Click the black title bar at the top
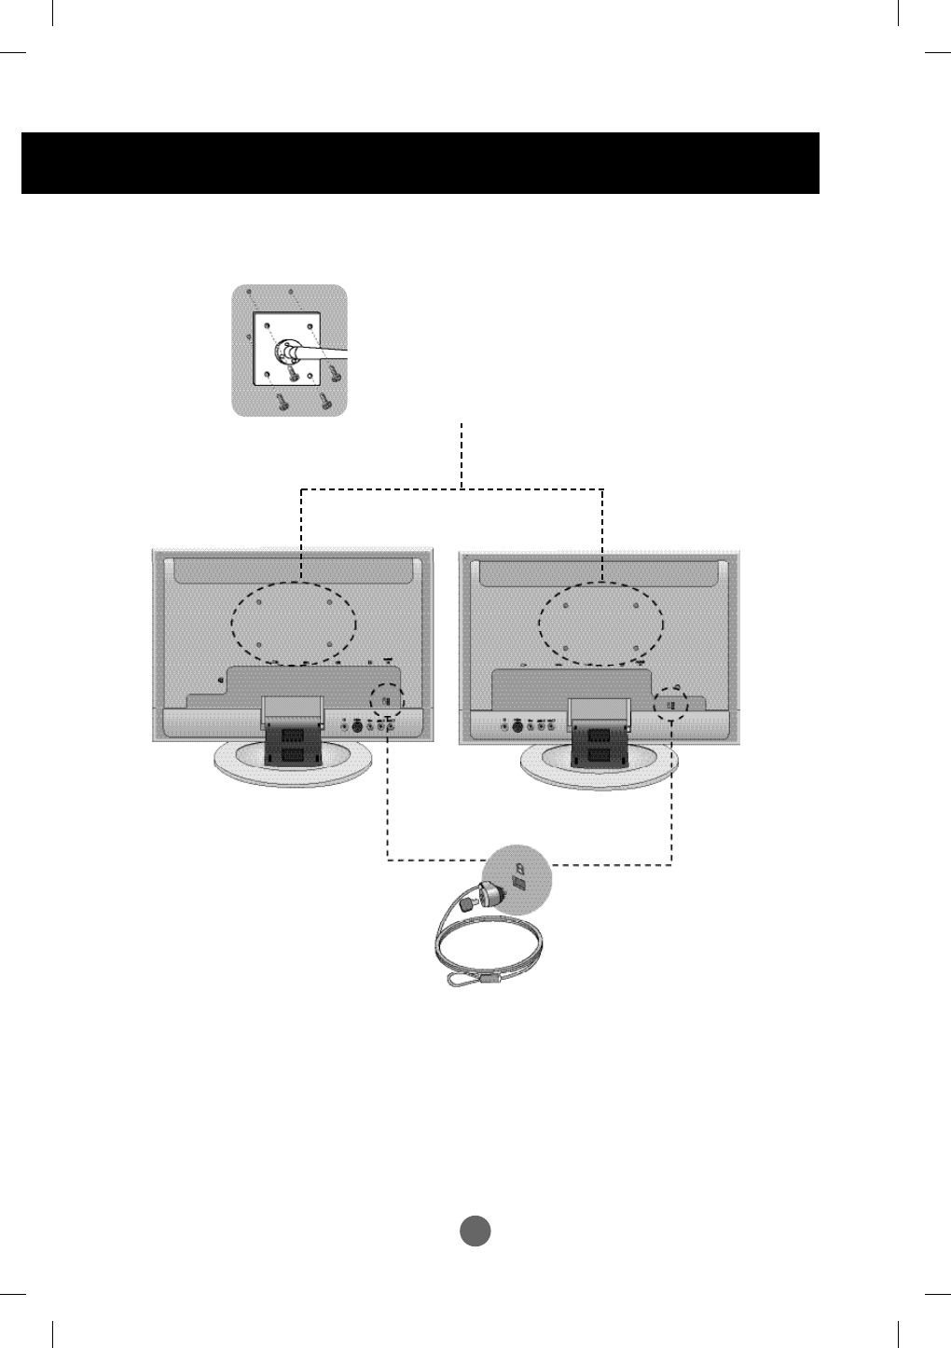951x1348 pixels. point(420,163)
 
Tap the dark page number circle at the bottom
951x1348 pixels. point(475,1231)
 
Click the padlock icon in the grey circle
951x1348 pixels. point(519,866)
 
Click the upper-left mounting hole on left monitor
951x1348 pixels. point(260,602)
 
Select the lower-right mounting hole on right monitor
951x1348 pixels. point(635,646)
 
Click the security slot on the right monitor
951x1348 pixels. point(670,704)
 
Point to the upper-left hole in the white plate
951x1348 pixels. point(268,328)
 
